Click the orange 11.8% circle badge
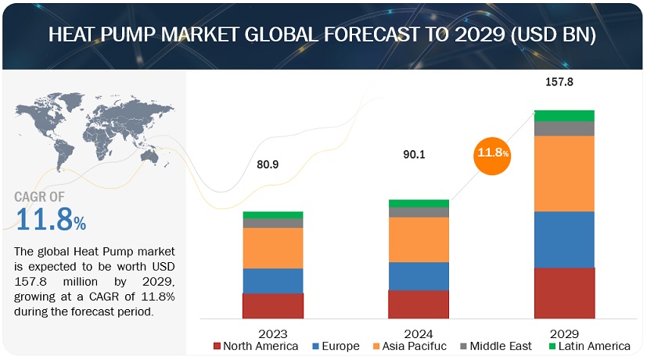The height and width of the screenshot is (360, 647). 491,153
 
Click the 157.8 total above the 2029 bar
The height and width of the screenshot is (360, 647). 563,81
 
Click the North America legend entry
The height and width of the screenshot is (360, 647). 255,346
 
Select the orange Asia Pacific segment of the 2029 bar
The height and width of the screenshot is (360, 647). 564,173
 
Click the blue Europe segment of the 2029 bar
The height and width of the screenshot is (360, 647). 564,239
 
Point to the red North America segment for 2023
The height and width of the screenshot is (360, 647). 272,305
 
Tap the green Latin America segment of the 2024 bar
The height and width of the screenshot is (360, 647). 418,203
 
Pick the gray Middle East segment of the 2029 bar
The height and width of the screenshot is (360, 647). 564,128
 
